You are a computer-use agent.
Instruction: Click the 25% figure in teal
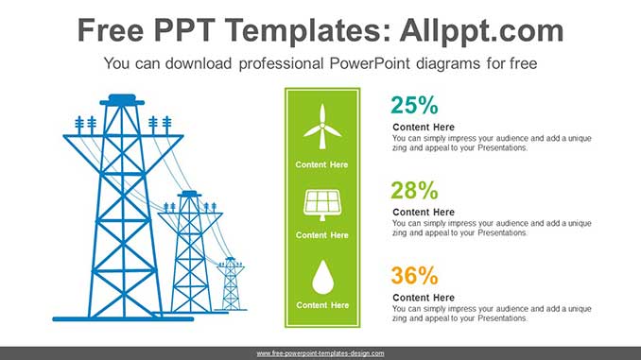414,104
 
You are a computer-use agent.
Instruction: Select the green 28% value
414,189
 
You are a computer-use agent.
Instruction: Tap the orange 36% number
414,276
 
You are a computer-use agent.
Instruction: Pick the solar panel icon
321,203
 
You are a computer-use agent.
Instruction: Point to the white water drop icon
321,277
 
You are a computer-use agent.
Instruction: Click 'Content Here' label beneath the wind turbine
321,164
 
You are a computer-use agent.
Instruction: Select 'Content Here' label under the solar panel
321,235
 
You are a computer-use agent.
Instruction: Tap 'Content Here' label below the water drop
321,305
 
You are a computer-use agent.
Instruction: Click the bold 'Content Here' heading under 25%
424,128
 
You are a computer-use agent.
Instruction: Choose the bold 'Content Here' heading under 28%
424,213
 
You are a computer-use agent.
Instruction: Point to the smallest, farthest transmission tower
232,285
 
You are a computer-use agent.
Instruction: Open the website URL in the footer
320,352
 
